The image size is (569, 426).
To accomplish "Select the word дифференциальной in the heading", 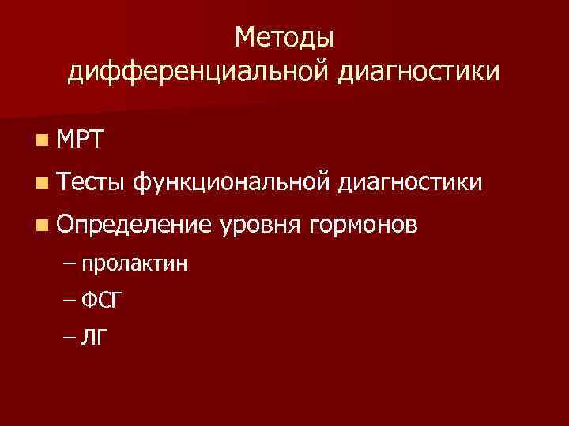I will coord(200,73).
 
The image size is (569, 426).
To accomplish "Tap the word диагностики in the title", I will coord(421,73).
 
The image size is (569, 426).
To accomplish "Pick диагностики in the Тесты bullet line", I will coord(409,183).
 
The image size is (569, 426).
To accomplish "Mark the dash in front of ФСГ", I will coord(69,301).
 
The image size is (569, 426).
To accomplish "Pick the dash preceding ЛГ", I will coord(69,338).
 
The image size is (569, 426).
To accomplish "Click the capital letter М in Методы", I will coord(244,37).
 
